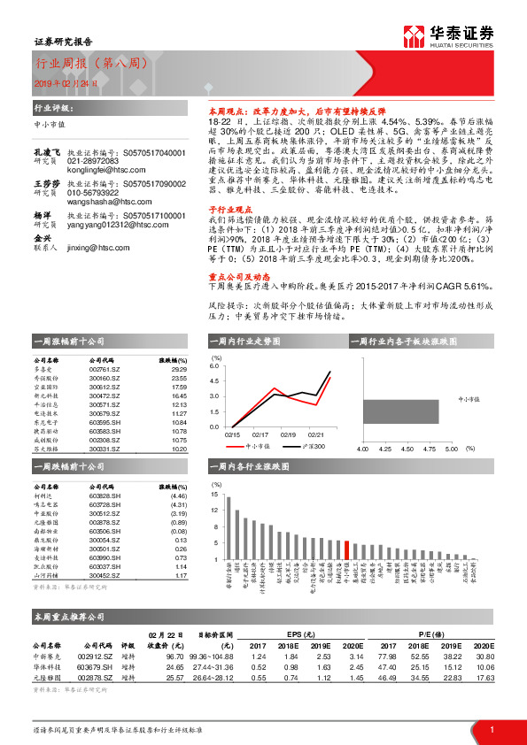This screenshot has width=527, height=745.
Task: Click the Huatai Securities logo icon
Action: click(413, 36)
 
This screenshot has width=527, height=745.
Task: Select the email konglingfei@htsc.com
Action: click(102, 144)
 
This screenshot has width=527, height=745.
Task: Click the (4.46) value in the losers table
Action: click(178, 497)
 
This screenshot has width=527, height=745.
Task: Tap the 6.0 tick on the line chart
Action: click(214, 365)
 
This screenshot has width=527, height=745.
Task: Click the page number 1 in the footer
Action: click(492, 729)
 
